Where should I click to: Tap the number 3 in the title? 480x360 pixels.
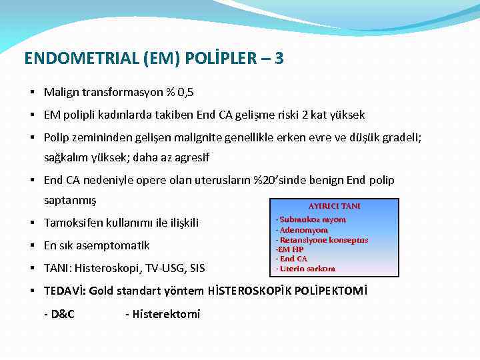point(279,59)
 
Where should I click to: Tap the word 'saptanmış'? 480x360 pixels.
point(70,200)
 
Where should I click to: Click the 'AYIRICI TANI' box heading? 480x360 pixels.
point(334,206)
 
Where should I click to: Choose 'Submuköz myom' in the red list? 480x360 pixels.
point(312,219)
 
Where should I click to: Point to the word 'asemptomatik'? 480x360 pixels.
point(115,245)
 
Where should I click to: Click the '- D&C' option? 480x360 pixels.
point(59,314)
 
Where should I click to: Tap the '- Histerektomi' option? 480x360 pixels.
point(163,314)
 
